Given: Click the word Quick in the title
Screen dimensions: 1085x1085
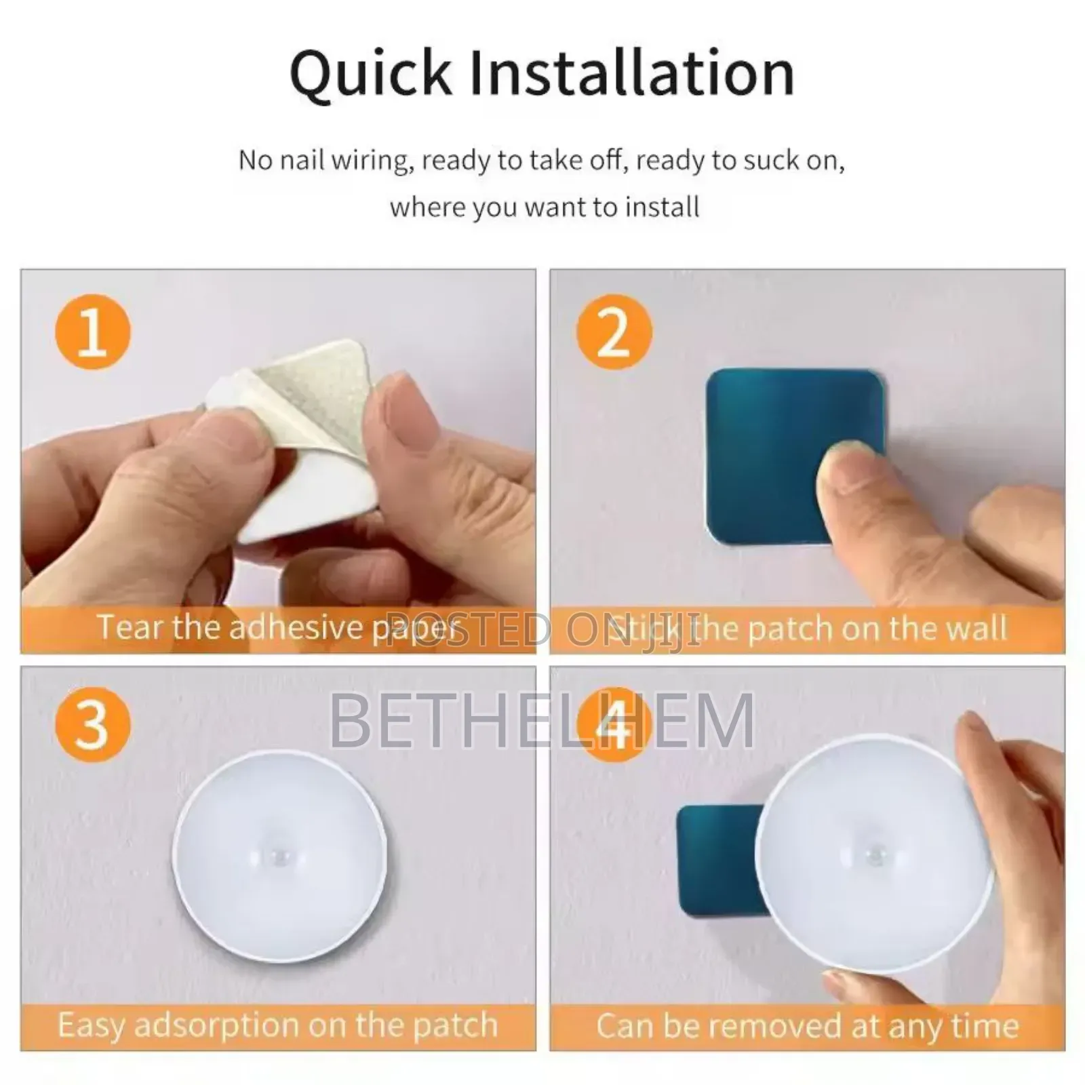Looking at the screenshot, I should click(370, 73).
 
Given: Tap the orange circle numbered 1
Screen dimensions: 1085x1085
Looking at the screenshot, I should click(92, 332).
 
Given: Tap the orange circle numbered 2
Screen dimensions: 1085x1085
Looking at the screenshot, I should click(614, 332).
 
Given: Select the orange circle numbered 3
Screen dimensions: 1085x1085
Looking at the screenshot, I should click(92, 724).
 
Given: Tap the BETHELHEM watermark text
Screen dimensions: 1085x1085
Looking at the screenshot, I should click(542, 721).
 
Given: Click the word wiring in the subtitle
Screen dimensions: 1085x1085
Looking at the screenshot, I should click(373, 161).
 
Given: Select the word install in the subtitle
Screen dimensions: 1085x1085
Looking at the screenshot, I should click(661, 207).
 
